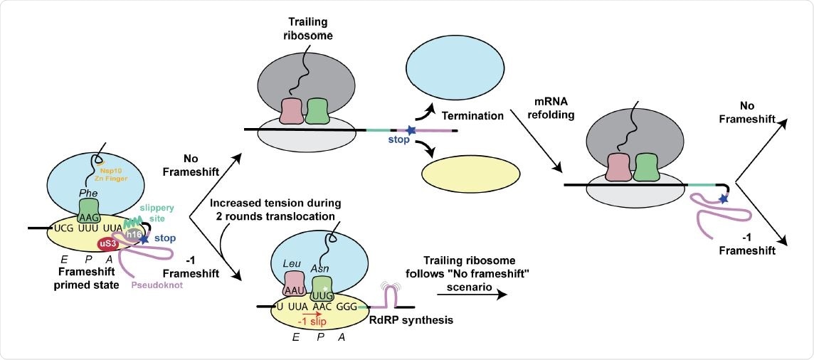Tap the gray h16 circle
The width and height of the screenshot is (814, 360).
click(134, 233)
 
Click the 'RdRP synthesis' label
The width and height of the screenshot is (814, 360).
click(411, 320)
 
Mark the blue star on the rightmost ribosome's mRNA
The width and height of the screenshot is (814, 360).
click(723, 200)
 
